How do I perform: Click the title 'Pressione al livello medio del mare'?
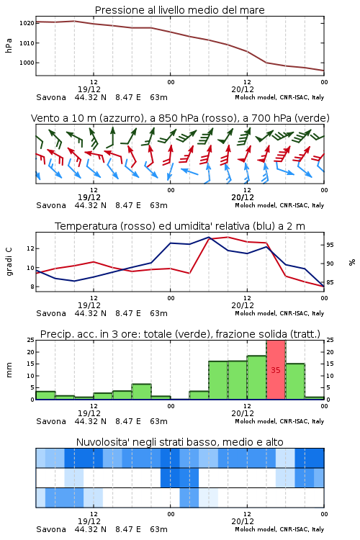pyautogui.click(x=179, y=10)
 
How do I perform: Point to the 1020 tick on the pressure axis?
pyautogui.click(x=27, y=23)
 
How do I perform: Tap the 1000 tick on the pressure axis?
pyautogui.click(x=27, y=63)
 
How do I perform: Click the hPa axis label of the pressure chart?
pyautogui.click(x=9, y=45)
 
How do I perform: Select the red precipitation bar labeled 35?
pyautogui.click(x=276, y=370)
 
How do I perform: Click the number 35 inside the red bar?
pyautogui.click(x=276, y=370)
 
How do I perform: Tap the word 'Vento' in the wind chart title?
pyautogui.click(x=43, y=118)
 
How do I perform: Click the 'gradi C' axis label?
pyautogui.click(x=9, y=261)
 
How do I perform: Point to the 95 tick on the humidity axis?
pyautogui.click(x=330, y=245)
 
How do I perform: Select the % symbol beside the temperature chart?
pyautogui.click(x=352, y=262)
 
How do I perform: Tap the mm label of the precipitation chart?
pyautogui.click(x=9, y=370)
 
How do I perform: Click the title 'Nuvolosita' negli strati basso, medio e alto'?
pyautogui.click(x=179, y=442)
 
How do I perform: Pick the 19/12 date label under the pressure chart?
pyautogui.click(x=89, y=89)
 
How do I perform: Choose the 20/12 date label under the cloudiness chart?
pyautogui.click(x=243, y=521)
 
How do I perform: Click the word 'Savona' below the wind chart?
pyautogui.click(x=51, y=205)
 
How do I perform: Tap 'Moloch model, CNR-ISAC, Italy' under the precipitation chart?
pyautogui.click(x=279, y=421)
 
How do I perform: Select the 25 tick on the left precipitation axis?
pyautogui.click(x=31, y=341)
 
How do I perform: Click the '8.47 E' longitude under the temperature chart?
pyautogui.click(x=128, y=313)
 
